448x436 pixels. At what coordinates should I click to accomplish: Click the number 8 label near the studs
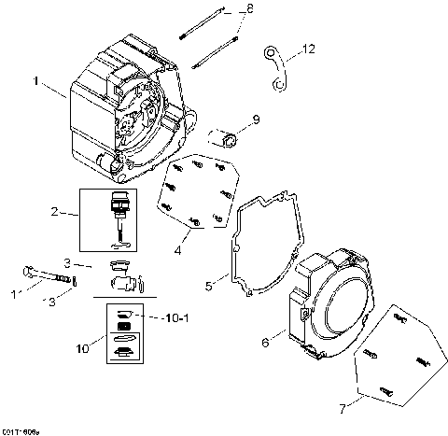click(249, 9)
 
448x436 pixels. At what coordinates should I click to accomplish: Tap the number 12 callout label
click(310, 47)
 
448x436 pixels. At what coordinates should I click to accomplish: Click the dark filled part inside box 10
click(121, 329)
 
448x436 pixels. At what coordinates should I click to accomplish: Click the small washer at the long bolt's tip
click(77, 280)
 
